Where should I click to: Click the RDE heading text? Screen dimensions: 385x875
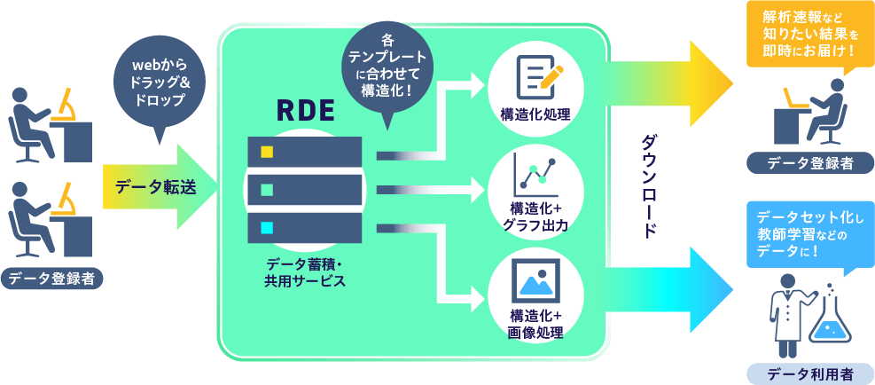point(305,111)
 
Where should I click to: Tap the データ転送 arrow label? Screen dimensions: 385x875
point(155,187)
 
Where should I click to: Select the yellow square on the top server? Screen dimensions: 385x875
point(266,152)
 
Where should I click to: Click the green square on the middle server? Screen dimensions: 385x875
point(266,189)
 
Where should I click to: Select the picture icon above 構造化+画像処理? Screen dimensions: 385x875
point(535,280)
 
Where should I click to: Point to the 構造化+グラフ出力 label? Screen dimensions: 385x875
point(535,217)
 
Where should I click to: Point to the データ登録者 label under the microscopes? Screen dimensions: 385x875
point(52,279)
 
